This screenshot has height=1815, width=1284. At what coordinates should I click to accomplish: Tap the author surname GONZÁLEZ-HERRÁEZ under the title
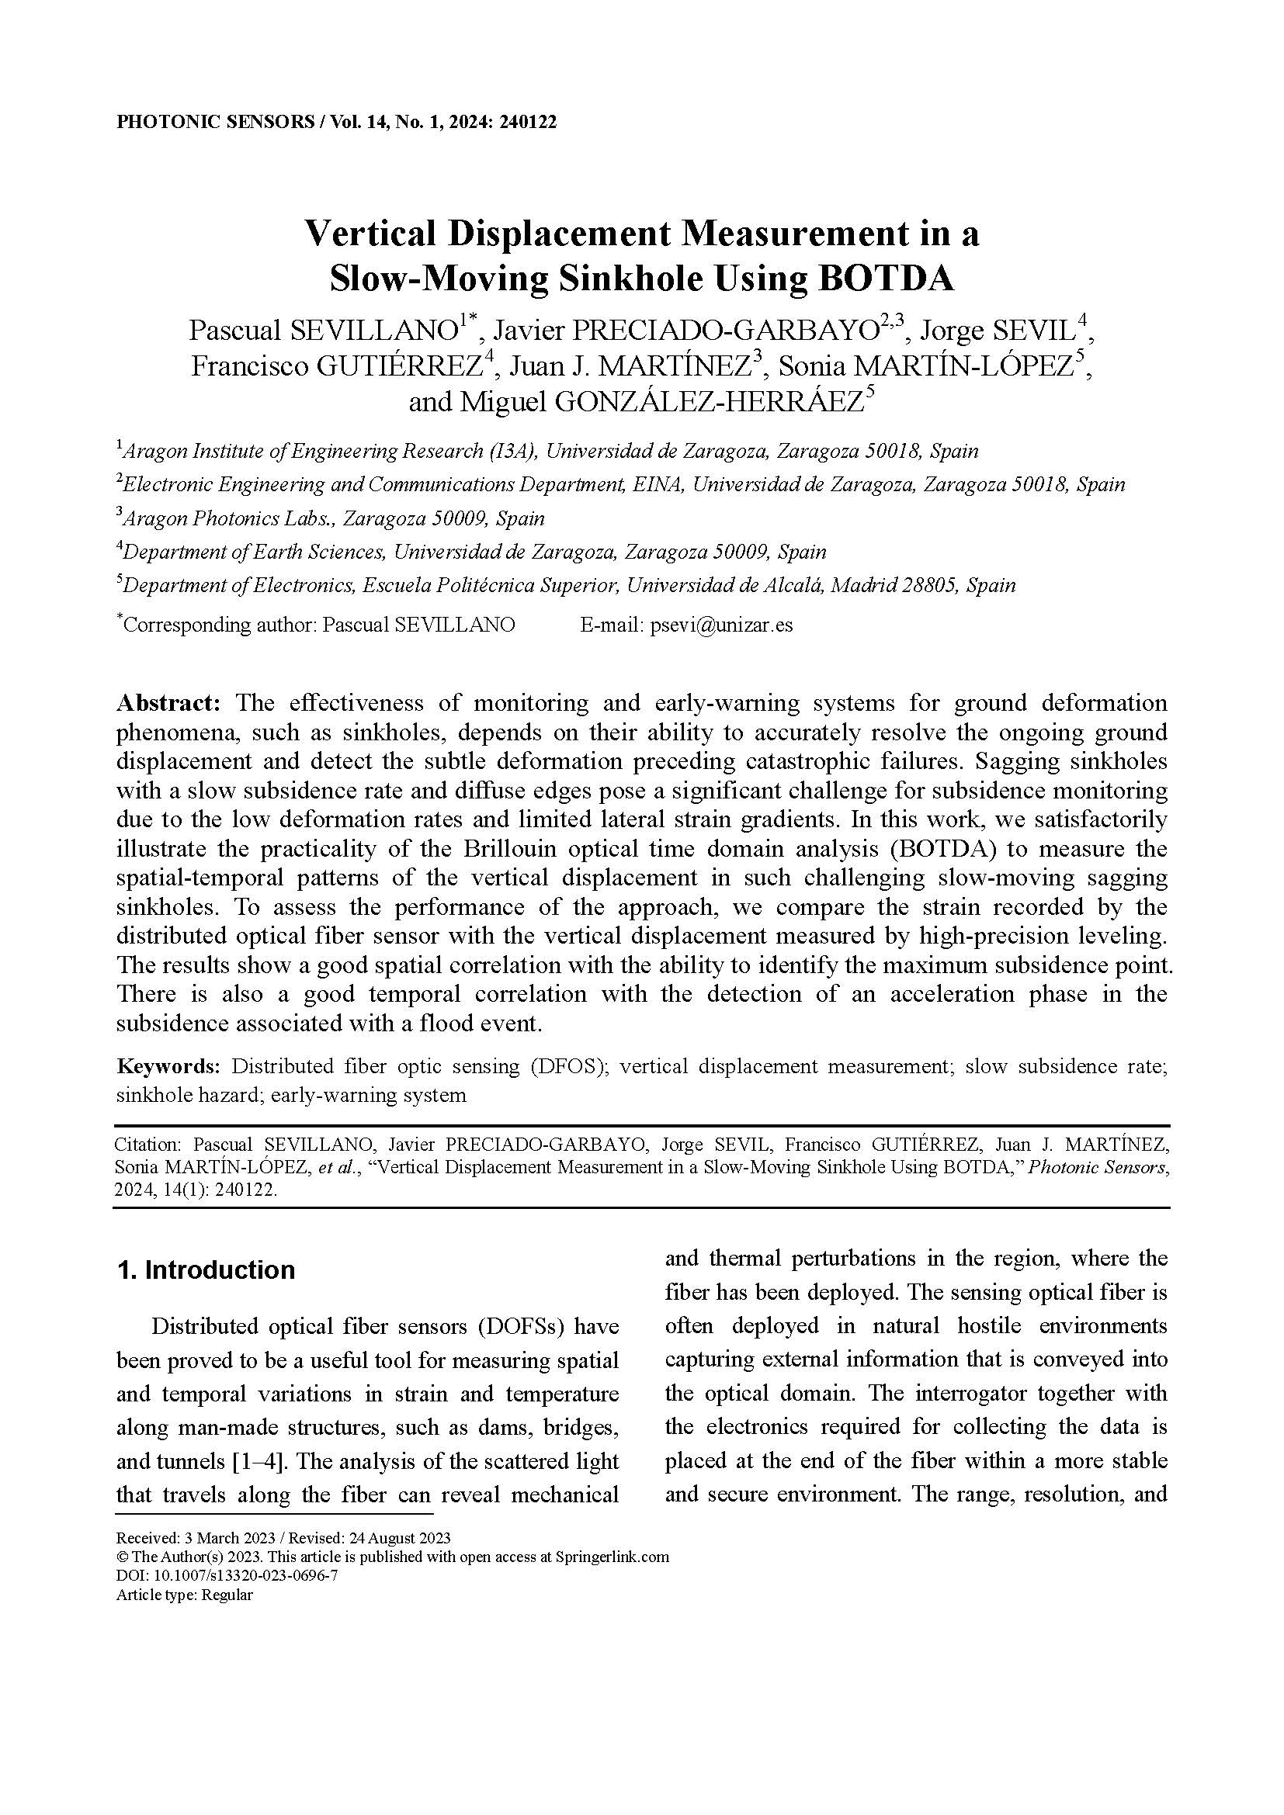709,403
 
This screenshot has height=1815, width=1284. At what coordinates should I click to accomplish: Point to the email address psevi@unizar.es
721,625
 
